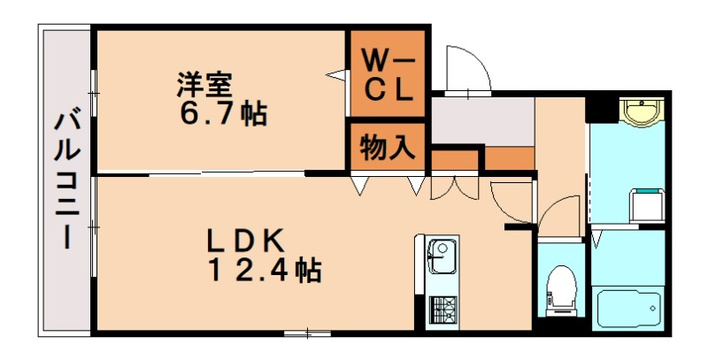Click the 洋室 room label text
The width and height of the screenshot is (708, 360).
click(x=204, y=86)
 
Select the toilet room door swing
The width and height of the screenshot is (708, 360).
click(x=558, y=217)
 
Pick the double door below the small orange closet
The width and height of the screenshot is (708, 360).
click(x=452, y=188)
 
